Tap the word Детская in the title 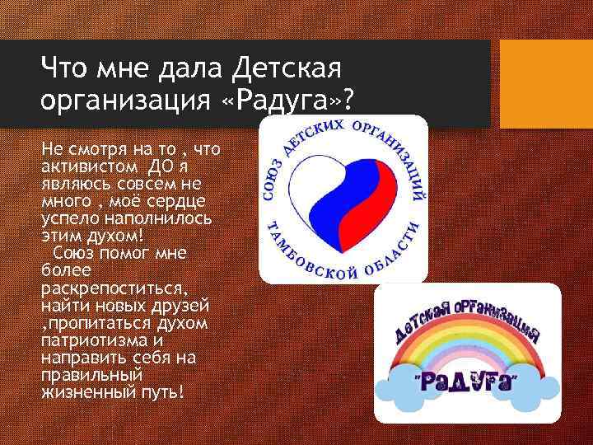[x=294, y=63]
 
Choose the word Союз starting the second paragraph [x=70, y=252]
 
